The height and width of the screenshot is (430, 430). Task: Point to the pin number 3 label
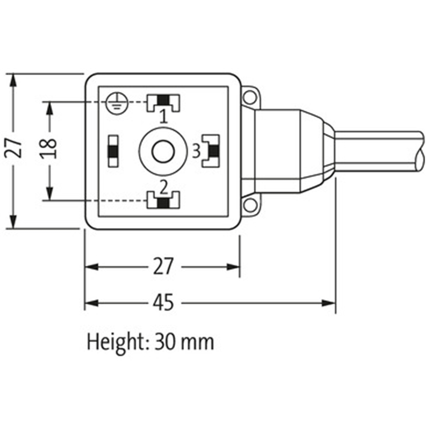[x=197, y=150]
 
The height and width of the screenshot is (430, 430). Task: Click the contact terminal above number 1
[x=164, y=101]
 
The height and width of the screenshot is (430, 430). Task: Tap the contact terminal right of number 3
[x=211, y=151]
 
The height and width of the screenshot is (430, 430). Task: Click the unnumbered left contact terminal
[x=113, y=151]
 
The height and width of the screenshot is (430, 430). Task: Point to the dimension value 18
[x=48, y=150]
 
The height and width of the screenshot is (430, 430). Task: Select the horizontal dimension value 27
[x=163, y=267]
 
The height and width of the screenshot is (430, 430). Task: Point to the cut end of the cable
[x=420, y=150]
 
